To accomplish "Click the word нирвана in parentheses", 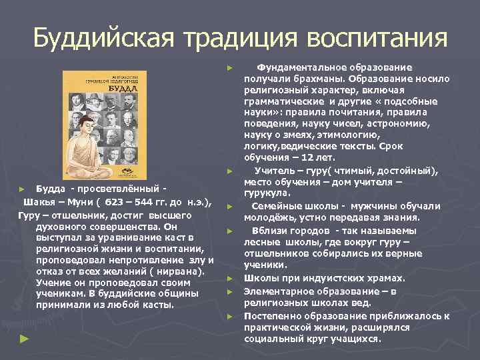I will click(x=181, y=271).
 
